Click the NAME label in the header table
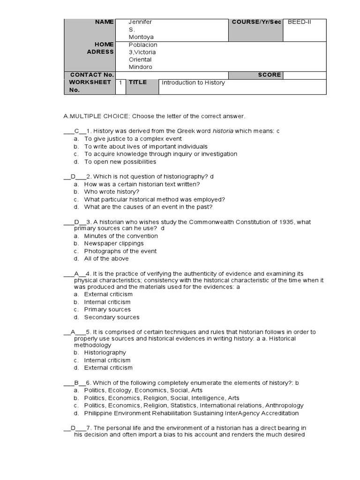click(104, 22)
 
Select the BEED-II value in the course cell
click(299, 22)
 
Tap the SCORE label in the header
click(269, 75)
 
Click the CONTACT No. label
click(92, 75)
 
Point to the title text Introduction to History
click(193, 82)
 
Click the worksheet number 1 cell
click(120, 82)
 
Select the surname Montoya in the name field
click(141, 37)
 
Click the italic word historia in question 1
click(223, 131)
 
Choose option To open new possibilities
click(120, 162)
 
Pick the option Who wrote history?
click(112, 192)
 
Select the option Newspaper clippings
click(114, 243)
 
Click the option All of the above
click(106, 258)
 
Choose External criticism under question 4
click(108, 294)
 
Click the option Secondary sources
click(112, 317)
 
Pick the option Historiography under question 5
click(105, 352)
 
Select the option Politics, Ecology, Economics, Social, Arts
click(143, 390)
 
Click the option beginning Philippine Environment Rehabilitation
click(191, 413)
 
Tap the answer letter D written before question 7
click(73, 428)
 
